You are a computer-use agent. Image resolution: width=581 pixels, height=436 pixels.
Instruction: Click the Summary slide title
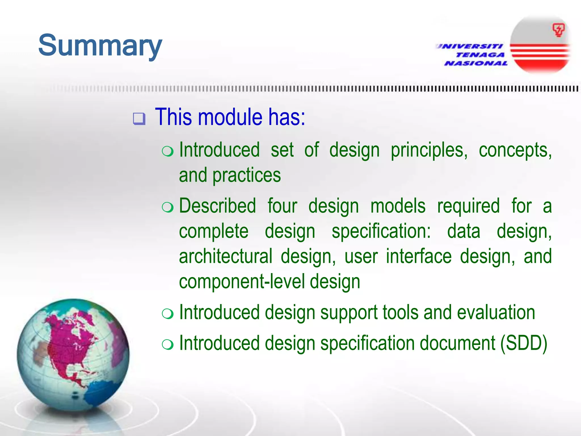[x=100, y=45]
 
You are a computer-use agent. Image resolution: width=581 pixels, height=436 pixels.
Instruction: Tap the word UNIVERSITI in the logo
[x=470, y=46]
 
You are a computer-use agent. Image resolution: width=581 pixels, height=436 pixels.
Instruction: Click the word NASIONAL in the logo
[x=476, y=63]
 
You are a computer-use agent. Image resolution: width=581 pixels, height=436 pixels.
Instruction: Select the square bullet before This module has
[x=139, y=119]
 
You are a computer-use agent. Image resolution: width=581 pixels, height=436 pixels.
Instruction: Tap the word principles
[x=429, y=150]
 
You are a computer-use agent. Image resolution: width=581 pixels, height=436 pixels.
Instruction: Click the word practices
[x=247, y=175]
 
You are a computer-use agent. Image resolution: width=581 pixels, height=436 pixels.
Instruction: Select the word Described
[x=218, y=206]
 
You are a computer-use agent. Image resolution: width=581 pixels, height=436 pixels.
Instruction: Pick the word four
[x=282, y=206]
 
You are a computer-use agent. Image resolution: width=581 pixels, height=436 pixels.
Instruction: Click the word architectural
[x=226, y=256]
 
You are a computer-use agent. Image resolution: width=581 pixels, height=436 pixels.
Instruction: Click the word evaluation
[x=496, y=313]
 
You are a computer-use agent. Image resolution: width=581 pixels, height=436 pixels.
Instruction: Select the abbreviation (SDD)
[x=523, y=343]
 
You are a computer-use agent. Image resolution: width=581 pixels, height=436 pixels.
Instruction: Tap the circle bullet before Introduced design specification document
[x=167, y=345]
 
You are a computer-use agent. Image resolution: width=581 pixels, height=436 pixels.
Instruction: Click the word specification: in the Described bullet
[x=381, y=231]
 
